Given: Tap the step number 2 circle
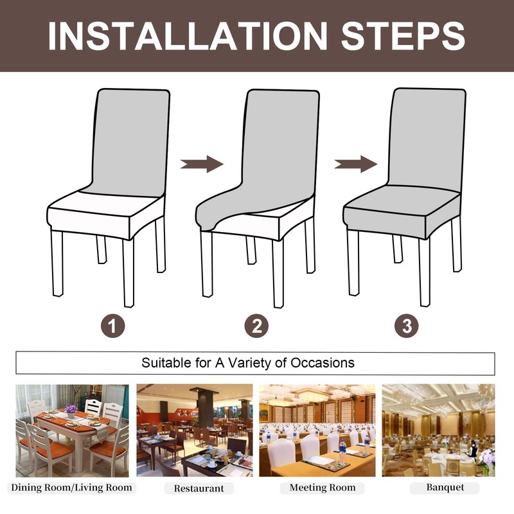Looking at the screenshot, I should tap(257, 326).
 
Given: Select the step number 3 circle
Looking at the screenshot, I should tap(406, 326).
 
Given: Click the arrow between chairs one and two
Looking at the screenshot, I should tap(201, 164).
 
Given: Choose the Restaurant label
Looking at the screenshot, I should tap(199, 488).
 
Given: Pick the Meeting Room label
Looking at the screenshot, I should tap(322, 488).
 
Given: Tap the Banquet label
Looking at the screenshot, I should tap(445, 488).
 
